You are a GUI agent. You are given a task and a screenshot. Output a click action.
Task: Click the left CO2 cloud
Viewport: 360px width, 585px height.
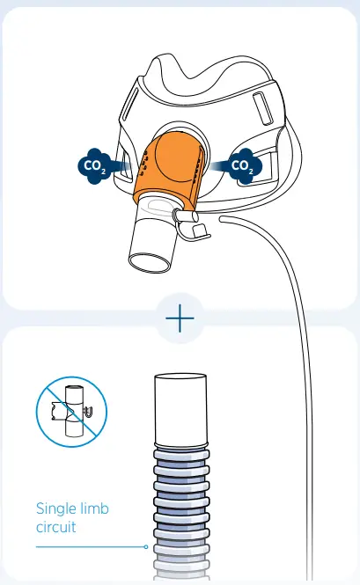[x=92, y=165]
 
